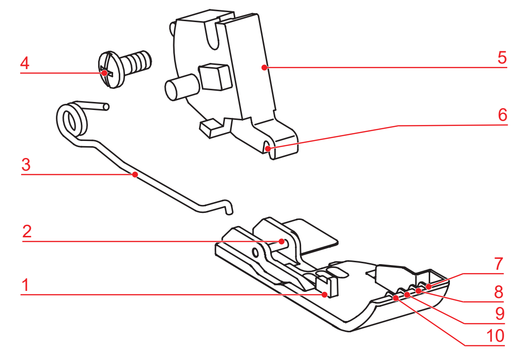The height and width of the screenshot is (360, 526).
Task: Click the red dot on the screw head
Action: (104, 73)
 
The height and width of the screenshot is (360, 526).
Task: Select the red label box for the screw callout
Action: (24, 63)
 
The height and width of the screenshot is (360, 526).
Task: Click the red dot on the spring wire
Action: (135, 174)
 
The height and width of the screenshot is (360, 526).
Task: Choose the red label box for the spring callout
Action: (26, 164)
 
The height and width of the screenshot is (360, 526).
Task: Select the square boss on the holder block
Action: (215, 76)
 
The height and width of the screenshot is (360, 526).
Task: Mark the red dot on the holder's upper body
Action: (264, 67)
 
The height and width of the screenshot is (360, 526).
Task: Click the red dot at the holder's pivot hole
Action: (268, 149)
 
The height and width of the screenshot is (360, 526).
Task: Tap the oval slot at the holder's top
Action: (213, 40)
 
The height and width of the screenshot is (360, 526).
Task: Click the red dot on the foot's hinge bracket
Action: (281, 241)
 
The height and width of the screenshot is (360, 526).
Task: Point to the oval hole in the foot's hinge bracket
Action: (255, 253)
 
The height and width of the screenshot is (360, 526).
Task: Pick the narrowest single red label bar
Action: (24, 284)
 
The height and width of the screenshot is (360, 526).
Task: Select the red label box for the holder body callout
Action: (502, 57)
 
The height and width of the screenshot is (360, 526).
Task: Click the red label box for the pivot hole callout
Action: (503, 115)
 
